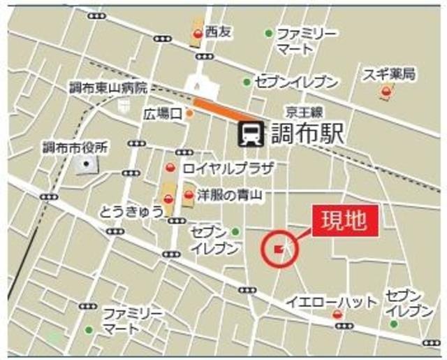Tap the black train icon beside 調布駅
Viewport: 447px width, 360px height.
(249, 133)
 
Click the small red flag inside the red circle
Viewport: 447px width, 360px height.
(279, 248)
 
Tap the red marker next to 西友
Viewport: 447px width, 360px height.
(198, 33)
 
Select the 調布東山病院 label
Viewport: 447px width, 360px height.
(108, 89)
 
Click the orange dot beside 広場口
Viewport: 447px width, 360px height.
(189, 113)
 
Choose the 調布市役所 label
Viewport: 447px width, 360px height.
(75, 147)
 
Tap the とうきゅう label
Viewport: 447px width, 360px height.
(131, 210)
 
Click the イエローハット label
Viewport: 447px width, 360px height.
(332, 302)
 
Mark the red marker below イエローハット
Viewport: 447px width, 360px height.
(338, 315)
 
